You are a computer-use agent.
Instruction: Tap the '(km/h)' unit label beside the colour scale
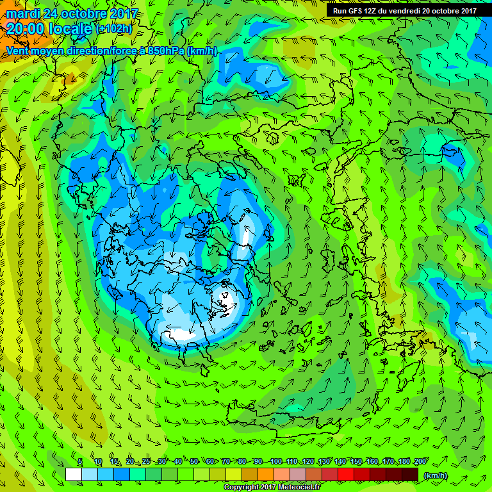pyautogui.click(x=436, y=475)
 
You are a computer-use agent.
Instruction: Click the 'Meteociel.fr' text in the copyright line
pyautogui.click(x=298, y=488)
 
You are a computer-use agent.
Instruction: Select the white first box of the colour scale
pyautogui.click(x=74, y=475)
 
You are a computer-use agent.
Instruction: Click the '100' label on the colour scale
pyautogui.click(x=276, y=461)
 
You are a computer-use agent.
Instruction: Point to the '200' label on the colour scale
pyautogui.click(x=421, y=461)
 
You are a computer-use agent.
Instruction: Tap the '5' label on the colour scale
pyautogui.click(x=80, y=461)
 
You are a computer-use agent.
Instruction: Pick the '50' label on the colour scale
pyautogui.click(x=193, y=461)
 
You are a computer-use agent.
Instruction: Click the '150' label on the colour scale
pyautogui.click(x=356, y=461)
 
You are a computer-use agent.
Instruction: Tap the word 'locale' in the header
pyautogui.click(x=70, y=29)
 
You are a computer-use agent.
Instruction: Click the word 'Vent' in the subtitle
pyautogui.click(x=18, y=51)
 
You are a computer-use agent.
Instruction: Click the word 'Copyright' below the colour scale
pyautogui.click(x=242, y=488)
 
